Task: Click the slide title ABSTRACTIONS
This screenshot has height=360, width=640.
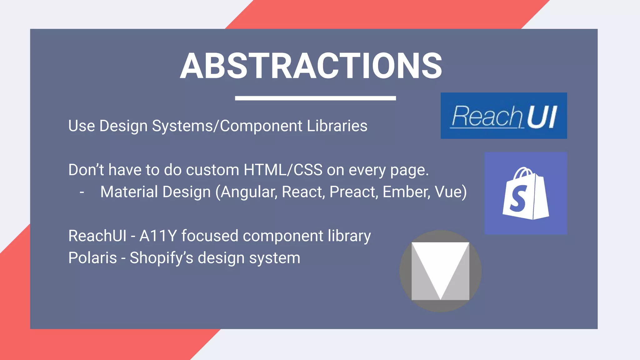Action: coord(311,66)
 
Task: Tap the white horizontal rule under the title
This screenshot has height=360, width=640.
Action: coord(315,98)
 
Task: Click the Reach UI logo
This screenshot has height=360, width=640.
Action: coord(503,116)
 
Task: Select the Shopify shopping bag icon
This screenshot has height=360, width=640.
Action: coord(526,194)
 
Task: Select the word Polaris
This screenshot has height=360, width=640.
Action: coord(92,258)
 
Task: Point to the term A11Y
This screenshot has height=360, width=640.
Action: coord(158,236)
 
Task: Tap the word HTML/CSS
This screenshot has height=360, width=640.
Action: coord(283,170)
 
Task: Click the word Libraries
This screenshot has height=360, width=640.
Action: coord(337,126)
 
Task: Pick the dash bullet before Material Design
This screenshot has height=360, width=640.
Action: coord(82,192)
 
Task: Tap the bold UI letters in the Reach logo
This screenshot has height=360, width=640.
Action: coord(542,117)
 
